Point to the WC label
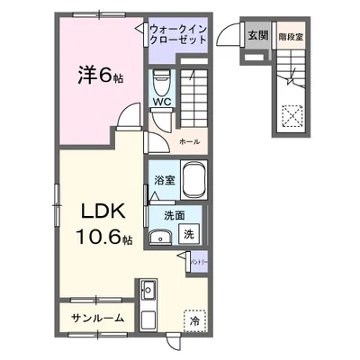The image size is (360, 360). click(162, 102)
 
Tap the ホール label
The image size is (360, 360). click(189, 142)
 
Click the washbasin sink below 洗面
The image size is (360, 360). click(162, 238)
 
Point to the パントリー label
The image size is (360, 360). click(200, 261)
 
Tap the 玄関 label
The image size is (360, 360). click(257, 37)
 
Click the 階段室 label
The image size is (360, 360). click(289, 37)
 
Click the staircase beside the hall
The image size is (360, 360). click(194, 90)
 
